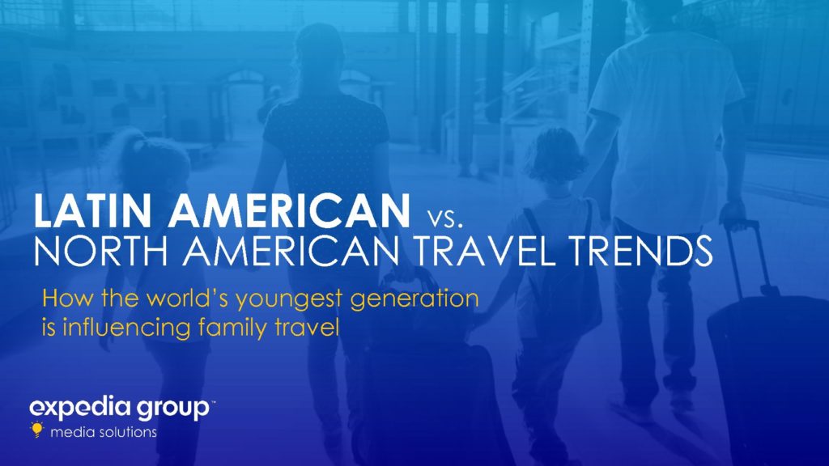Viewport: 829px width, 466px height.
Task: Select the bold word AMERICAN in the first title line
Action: [x=289, y=211]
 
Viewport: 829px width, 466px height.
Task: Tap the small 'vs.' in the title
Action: [x=444, y=218]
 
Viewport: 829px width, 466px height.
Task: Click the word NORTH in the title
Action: [x=100, y=252]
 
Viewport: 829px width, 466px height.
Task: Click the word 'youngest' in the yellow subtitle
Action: [x=289, y=300]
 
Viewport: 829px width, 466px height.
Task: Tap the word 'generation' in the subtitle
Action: [x=414, y=300]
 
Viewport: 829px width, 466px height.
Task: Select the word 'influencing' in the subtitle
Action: [x=126, y=328]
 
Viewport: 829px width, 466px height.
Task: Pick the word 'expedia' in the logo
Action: [x=80, y=408]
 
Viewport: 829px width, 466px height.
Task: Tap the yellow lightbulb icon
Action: [x=36, y=430]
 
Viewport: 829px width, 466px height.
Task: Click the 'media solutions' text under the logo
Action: [x=104, y=432]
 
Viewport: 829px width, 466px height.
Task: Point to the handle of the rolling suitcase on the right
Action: [x=746, y=253]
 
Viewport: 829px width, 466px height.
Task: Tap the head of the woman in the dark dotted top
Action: [x=319, y=53]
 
